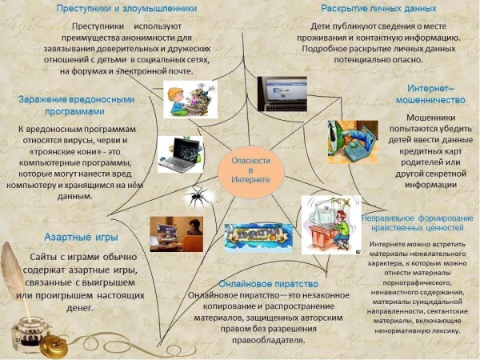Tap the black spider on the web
coord(195,194)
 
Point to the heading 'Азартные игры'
coord(80,238)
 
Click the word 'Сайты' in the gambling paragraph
coord(46,256)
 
